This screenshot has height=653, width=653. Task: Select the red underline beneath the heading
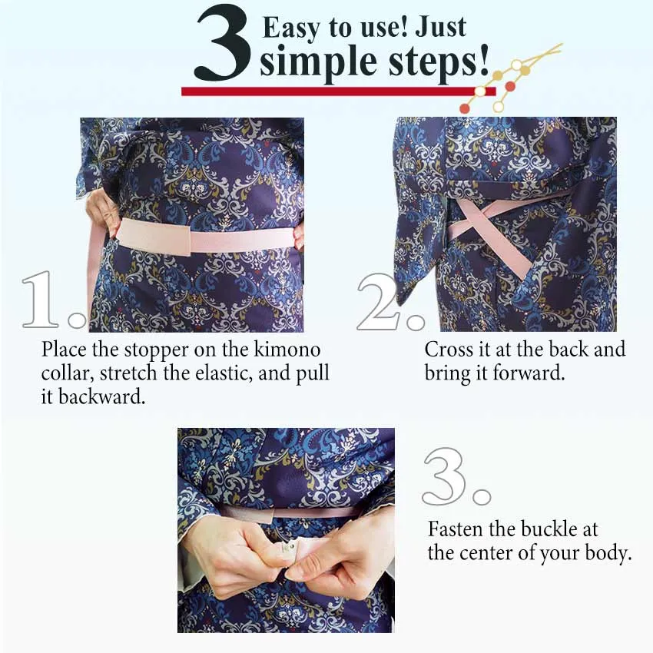coord(338,91)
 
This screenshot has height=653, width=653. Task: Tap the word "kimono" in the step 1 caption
coord(287,349)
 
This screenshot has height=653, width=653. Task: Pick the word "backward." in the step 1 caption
coord(101,396)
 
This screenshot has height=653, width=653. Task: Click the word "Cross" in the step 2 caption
coord(449,349)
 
